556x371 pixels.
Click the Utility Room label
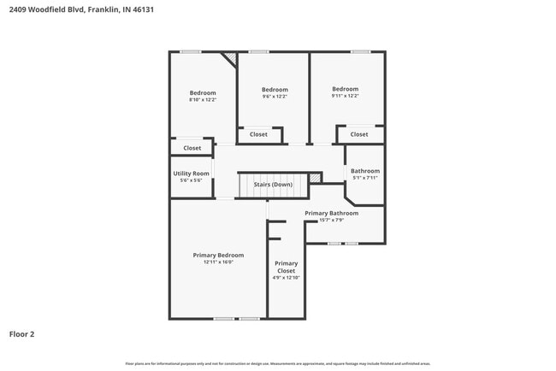[191, 174]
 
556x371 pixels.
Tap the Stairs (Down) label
[273, 185]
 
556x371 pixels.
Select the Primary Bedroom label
[218, 256]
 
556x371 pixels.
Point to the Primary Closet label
[287, 267]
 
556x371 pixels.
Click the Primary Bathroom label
[331, 213]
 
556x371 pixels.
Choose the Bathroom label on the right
[365, 171]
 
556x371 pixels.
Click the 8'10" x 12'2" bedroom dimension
[203, 100]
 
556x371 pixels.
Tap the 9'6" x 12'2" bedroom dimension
[275, 97]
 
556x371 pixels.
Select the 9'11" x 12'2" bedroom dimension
[345, 96]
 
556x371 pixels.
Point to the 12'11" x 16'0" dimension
[218, 262]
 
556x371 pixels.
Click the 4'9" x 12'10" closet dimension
[287, 278]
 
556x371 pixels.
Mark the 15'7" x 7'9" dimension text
[331, 220]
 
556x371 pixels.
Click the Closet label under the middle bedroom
[258, 134]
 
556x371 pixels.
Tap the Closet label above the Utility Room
[192, 148]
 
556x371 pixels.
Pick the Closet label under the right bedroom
[359, 134]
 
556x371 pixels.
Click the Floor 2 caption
[21, 334]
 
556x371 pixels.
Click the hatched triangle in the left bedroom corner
[229, 58]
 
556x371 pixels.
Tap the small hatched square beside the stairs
[315, 177]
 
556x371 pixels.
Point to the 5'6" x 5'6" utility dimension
[191, 180]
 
